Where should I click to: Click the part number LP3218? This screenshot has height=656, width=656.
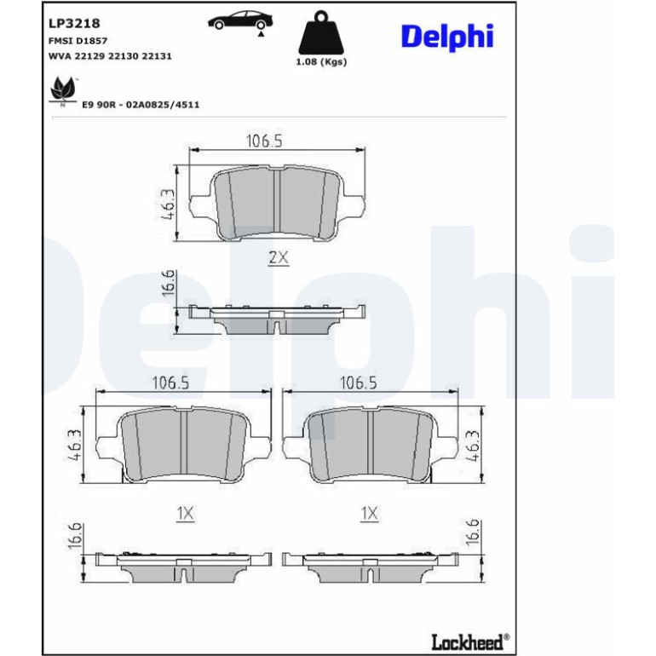click(74, 24)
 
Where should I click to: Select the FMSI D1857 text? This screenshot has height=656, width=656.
click(78, 41)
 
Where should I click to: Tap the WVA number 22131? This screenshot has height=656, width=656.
click(157, 56)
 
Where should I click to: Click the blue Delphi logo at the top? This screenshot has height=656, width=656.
click(447, 37)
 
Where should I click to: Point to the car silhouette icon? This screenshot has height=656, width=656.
click(240, 21)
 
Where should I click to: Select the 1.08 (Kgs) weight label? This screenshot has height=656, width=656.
click(321, 62)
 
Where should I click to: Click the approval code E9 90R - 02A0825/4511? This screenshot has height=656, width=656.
click(141, 105)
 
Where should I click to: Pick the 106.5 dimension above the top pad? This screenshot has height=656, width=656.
click(264, 141)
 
